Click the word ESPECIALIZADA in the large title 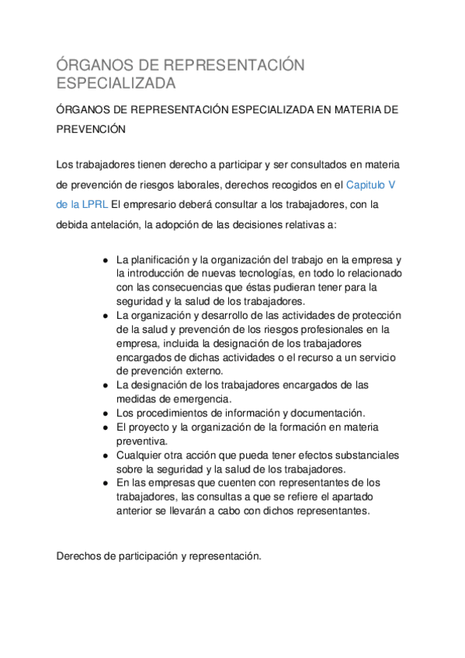pyautogui.click(x=116, y=82)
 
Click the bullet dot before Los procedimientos pyautogui.click(x=105, y=413)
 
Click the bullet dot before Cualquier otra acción pyautogui.click(x=105, y=455)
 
